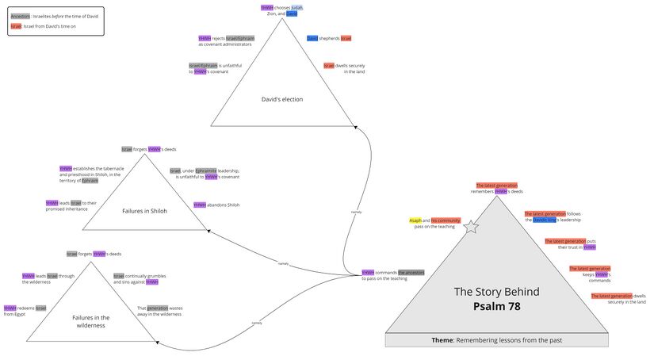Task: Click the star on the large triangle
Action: coord(471,227)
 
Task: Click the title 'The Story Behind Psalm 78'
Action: coord(497,298)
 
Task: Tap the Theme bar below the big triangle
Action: coord(497,340)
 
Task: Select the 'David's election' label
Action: coord(282,99)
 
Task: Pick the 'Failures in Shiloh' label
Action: coord(144,211)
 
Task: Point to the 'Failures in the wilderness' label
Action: coord(90,321)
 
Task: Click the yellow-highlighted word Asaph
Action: coord(415,220)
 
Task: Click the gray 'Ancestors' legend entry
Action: coord(21,16)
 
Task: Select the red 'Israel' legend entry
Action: coord(17,26)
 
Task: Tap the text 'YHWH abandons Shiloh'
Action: coord(216,205)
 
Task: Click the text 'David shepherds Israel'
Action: coord(328,38)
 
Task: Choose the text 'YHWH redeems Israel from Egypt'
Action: coord(25,311)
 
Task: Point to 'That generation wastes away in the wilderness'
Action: coord(159,311)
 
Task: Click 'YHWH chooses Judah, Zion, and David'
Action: coord(281,10)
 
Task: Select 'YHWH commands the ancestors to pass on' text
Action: coord(393,275)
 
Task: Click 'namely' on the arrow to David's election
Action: coord(356,212)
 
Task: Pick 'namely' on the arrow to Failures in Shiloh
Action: coord(283,263)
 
